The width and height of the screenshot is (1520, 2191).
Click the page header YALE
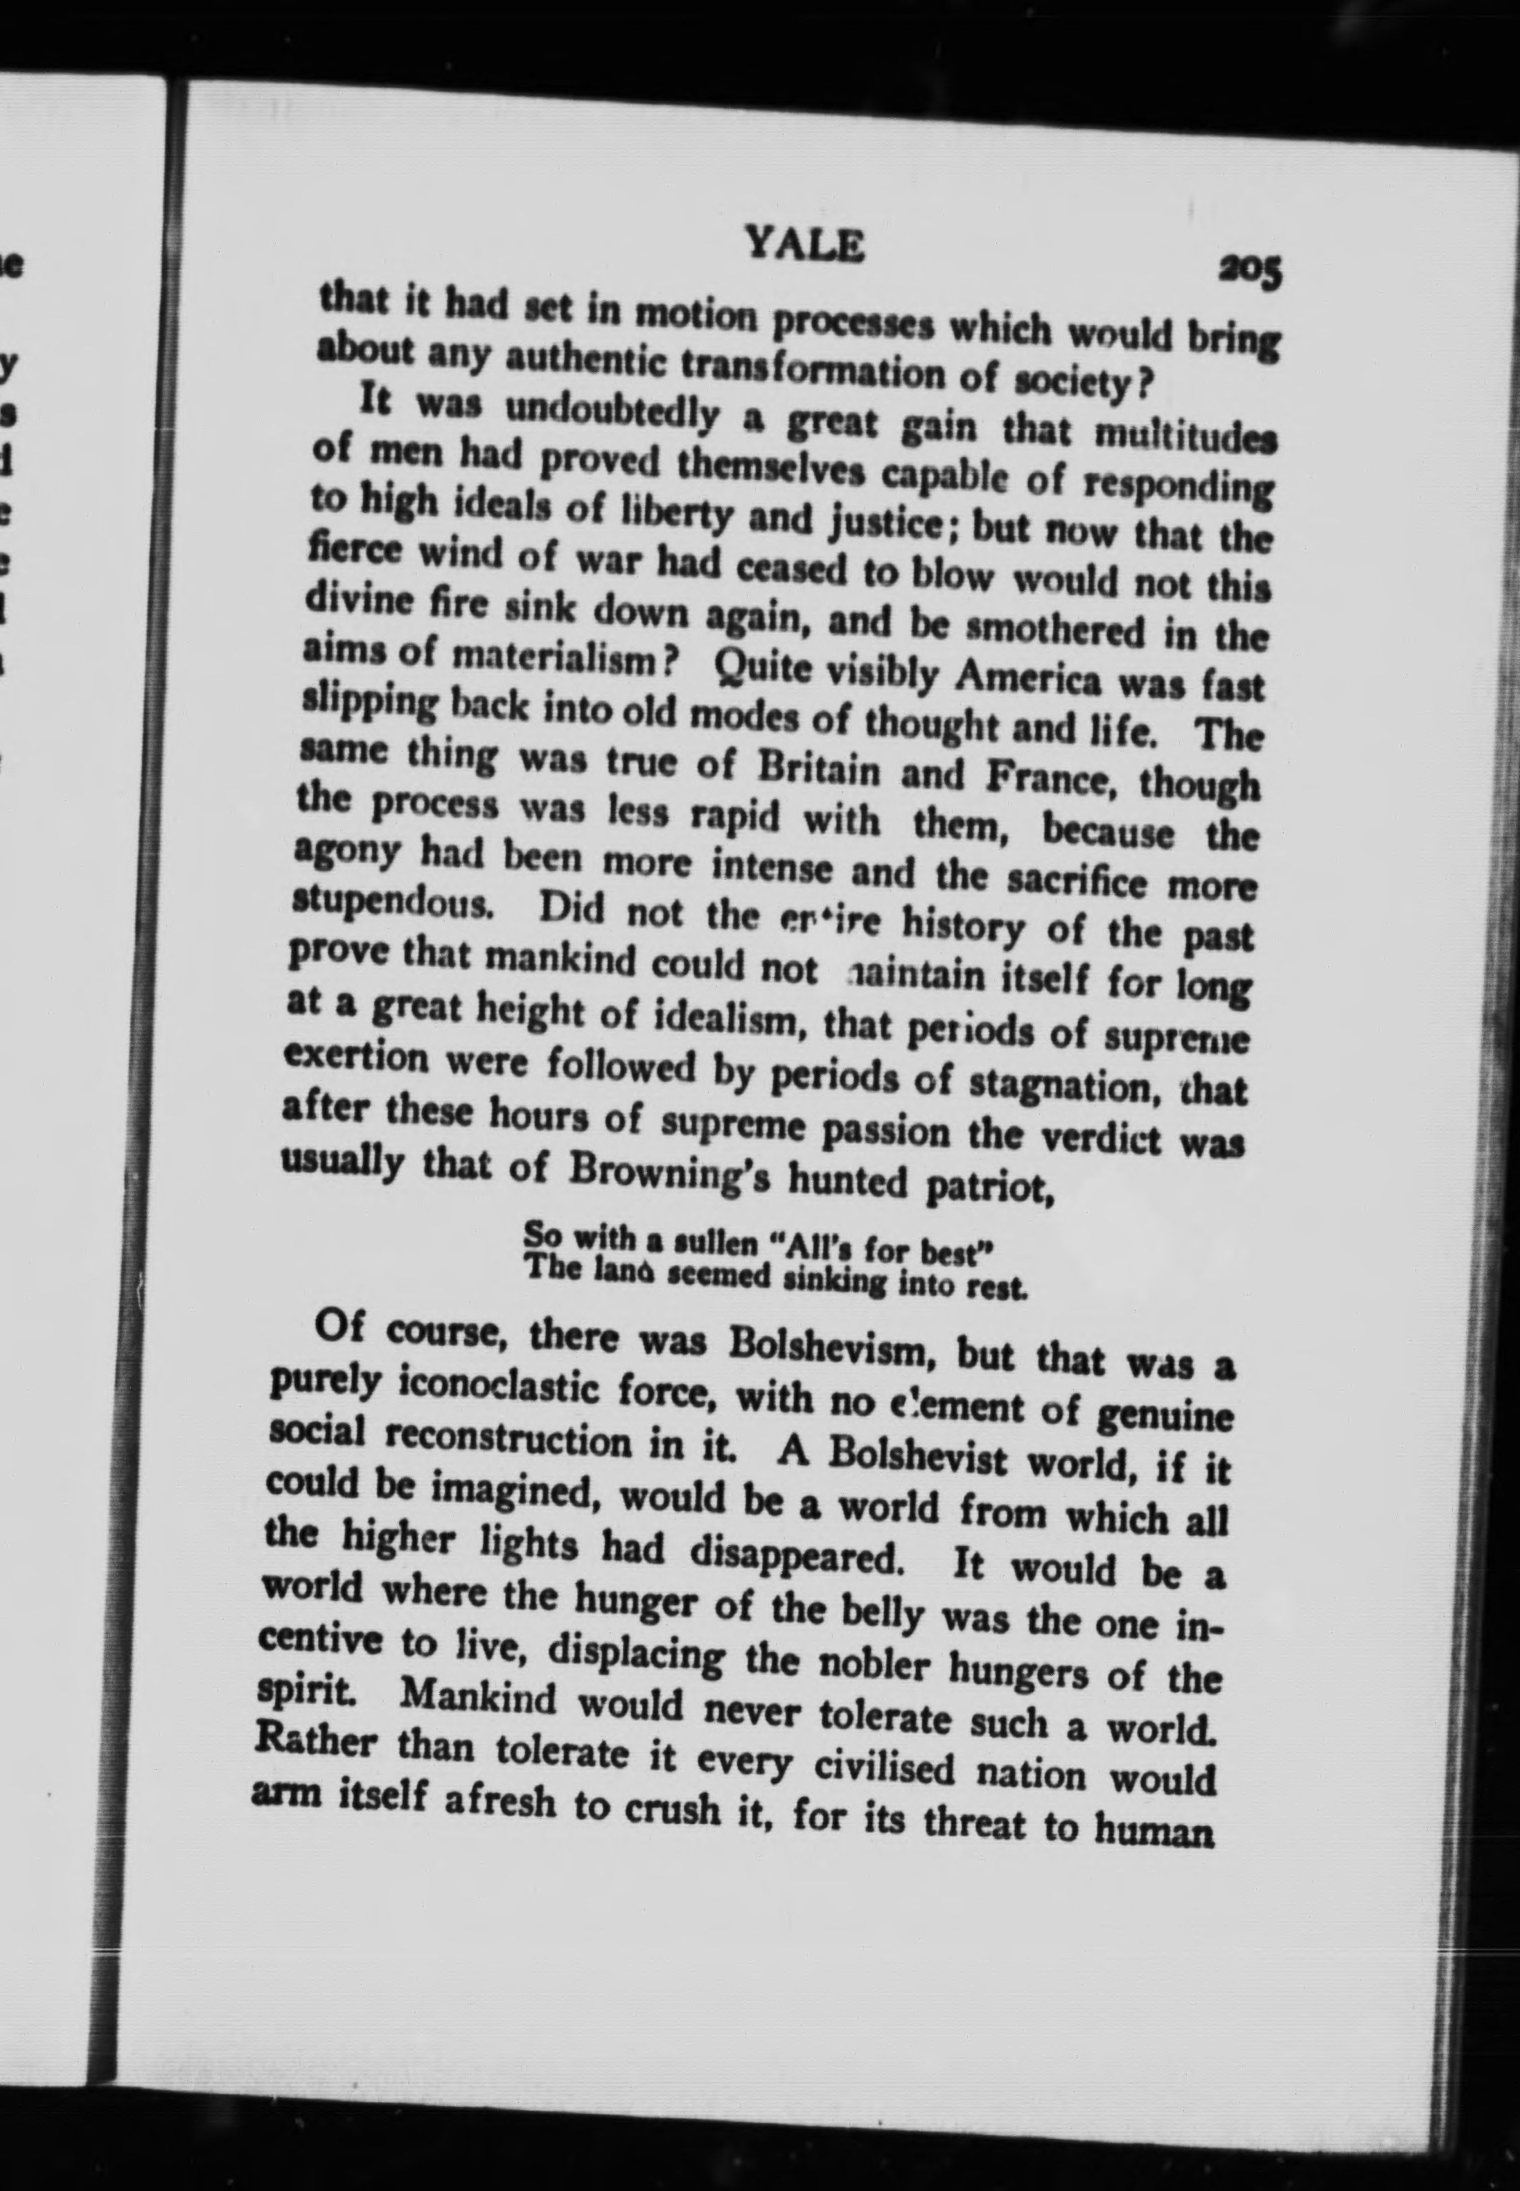tap(805, 247)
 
